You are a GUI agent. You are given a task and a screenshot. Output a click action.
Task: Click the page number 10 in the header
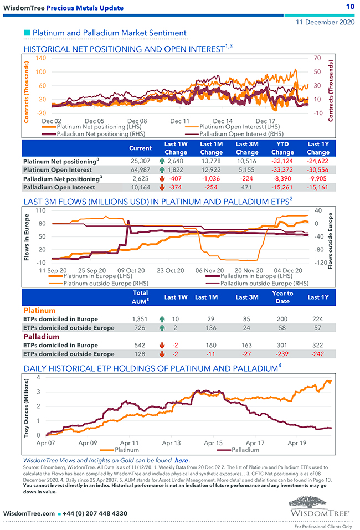coord(350,7)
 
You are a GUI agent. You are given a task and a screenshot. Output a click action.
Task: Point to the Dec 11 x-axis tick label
coord(180,120)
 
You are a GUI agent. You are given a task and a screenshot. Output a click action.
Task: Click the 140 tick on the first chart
coord(40,58)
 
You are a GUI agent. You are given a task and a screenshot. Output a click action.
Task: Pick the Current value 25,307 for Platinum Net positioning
coord(140,161)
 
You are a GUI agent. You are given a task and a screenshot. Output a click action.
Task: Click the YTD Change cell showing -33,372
coord(282,170)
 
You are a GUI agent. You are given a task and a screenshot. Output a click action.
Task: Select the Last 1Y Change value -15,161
coord(318,188)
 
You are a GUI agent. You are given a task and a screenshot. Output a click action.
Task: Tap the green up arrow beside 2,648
coord(161,161)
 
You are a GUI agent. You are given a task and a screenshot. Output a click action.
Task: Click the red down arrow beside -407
coord(161,179)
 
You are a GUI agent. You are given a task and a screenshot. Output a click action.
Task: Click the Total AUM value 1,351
coord(141,319)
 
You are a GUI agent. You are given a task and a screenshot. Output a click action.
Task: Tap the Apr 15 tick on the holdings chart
coord(213,443)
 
